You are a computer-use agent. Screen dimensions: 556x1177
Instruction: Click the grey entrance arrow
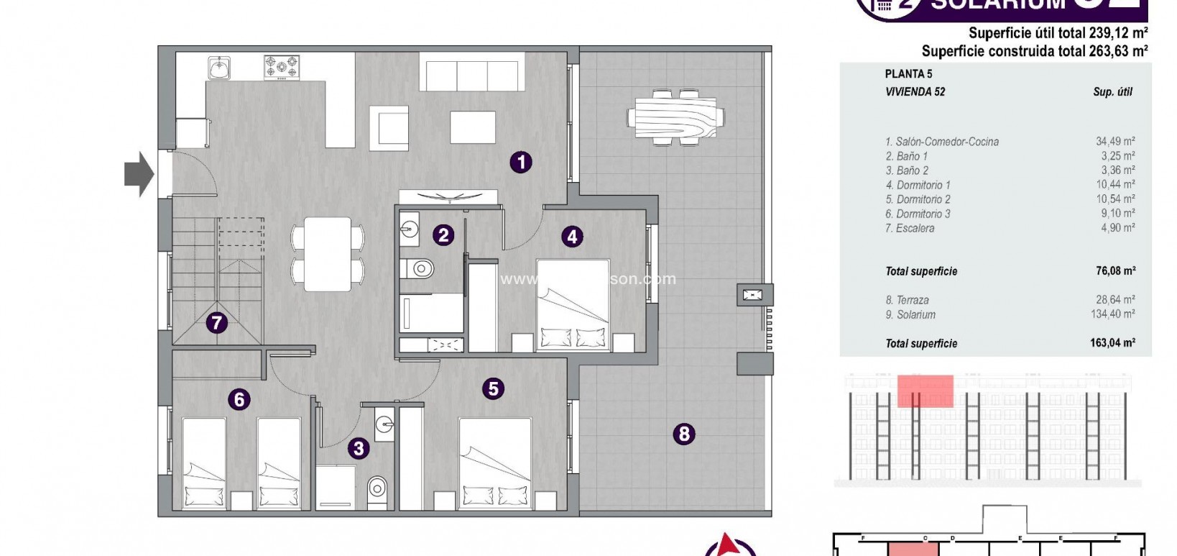[x=139, y=173]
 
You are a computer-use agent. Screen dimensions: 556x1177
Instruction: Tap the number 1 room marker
[x=521, y=162]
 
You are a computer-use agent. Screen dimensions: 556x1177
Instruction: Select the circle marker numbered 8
[x=683, y=434]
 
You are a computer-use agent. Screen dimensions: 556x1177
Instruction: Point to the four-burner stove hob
[x=281, y=68]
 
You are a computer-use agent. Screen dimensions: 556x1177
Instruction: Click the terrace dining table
[x=675, y=117]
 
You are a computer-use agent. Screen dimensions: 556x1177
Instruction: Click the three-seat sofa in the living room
[x=472, y=76]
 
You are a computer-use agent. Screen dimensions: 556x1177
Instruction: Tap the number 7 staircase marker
[x=216, y=323]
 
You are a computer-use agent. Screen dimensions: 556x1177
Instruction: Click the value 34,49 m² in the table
[x=1114, y=142]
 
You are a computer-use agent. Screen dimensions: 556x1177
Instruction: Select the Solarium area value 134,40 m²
[x=1112, y=314]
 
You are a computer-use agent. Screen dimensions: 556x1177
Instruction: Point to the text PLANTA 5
[x=908, y=73]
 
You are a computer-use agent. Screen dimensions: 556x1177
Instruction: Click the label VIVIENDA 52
[x=915, y=91]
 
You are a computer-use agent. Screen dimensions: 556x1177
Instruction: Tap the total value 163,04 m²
[x=1112, y=343]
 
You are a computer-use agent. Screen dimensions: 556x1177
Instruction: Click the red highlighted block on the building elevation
[x=925, y=391]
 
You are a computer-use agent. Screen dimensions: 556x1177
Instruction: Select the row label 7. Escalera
[x=910, y=228]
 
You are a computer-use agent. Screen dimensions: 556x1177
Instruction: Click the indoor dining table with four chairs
[x=327, y=254]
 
